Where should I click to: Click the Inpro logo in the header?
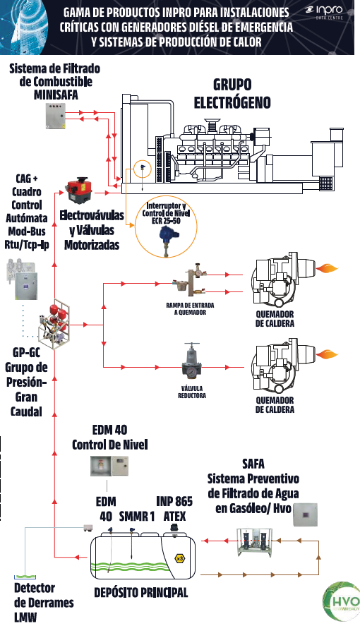(324, 13)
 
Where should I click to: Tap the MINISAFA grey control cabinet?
(55, 116)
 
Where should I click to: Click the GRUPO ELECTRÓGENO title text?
(232, 93)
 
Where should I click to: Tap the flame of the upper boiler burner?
(327, 267)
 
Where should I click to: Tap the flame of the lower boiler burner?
(327, 354)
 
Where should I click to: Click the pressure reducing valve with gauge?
(192, 361)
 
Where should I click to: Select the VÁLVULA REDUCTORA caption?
(192, 392)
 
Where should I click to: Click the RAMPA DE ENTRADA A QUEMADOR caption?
(190, 308)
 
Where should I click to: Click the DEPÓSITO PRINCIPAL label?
(141, 592)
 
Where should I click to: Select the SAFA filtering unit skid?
(255, 542)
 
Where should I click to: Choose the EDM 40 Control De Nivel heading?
(109, 437)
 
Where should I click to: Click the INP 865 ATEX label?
(174, 509)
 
